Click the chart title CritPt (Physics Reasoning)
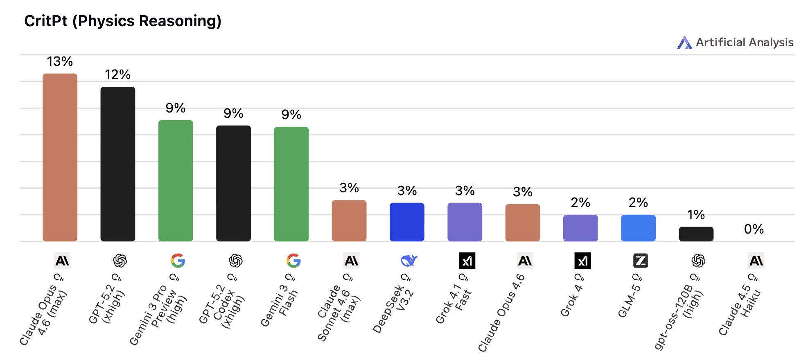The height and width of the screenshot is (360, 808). click(123, 21)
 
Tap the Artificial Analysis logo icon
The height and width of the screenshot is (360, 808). click(684, 43)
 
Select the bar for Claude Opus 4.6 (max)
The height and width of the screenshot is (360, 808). click(60, 157)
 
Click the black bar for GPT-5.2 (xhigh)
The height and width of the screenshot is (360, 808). click(118, 164)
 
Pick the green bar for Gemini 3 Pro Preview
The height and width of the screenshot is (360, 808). click(176, 180)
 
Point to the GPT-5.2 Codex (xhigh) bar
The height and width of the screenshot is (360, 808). click(233, 183)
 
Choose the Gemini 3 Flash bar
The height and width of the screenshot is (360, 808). click(291, 184)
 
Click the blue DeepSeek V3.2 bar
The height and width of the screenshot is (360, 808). click(407, 222)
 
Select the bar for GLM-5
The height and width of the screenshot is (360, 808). click(638, 228)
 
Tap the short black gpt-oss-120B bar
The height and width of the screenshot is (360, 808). click(696, 234)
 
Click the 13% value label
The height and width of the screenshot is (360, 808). click(60, 61)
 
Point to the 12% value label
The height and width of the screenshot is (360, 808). click(118, 74)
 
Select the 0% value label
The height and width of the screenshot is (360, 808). click(754, 229)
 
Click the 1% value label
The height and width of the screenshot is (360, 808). click(696, 215)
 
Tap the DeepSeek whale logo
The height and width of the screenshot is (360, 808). click(409, 261)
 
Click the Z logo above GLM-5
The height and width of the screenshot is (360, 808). click(640, 261)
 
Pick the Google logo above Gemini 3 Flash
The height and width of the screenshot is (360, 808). click(293, 261)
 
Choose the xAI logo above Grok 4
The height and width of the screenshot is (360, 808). click(582, 261)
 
